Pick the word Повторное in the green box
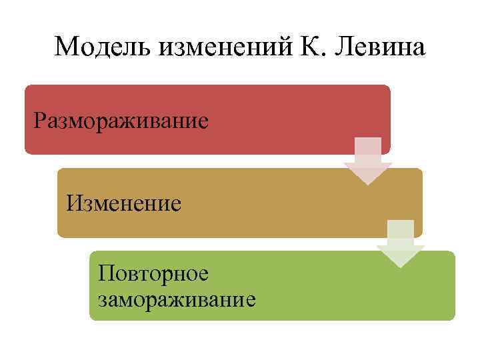[x=153, y=273]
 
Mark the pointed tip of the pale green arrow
[x=401, y=267]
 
